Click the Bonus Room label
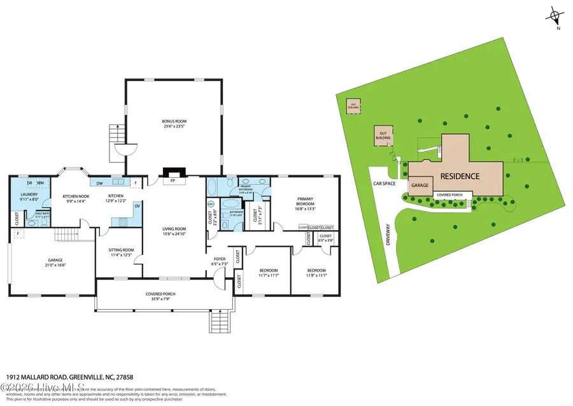[x=174, y=121]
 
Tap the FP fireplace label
[x=173, y=181]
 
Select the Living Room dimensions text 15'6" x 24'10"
[x=174, y=233]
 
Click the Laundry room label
[x=29, y=194]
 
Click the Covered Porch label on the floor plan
[x=160, y=294]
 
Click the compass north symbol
[x=556, y=15]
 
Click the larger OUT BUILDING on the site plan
[x=383, y=135]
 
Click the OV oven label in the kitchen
[x=138, y=206]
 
